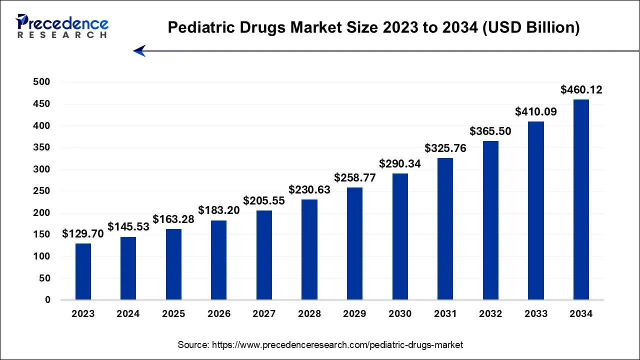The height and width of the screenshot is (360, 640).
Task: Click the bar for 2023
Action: pyautogui.click(x=83, y=271)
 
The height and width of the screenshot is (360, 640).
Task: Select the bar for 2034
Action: pyautogui.click(x=581, y=199)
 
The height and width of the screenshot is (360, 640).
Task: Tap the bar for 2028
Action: pyautogui.click(x=309, y=249)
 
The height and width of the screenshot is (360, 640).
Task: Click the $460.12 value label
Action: pyautogui.click(x=581, y=90)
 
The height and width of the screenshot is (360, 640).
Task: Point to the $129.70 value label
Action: pyautogui.click(x=83, y=233)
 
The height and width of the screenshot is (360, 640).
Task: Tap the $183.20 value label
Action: pyautogui.click(x=219, y=210)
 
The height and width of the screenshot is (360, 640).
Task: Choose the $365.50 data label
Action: pyautogui.click(x=490, y=131)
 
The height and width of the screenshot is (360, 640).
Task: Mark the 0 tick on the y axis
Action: pyautogui.click(x=47, y=300)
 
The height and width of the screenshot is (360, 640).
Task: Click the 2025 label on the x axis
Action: pyautogui.click(x=173, y=314)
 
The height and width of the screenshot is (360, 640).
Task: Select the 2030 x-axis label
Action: pyautogui.click(x=400, y=314)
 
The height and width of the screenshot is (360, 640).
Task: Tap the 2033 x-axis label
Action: pyautogui.click(x=535, y=314)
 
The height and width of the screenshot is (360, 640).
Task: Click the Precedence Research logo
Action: pyautogui.click(x=62, y=26)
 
